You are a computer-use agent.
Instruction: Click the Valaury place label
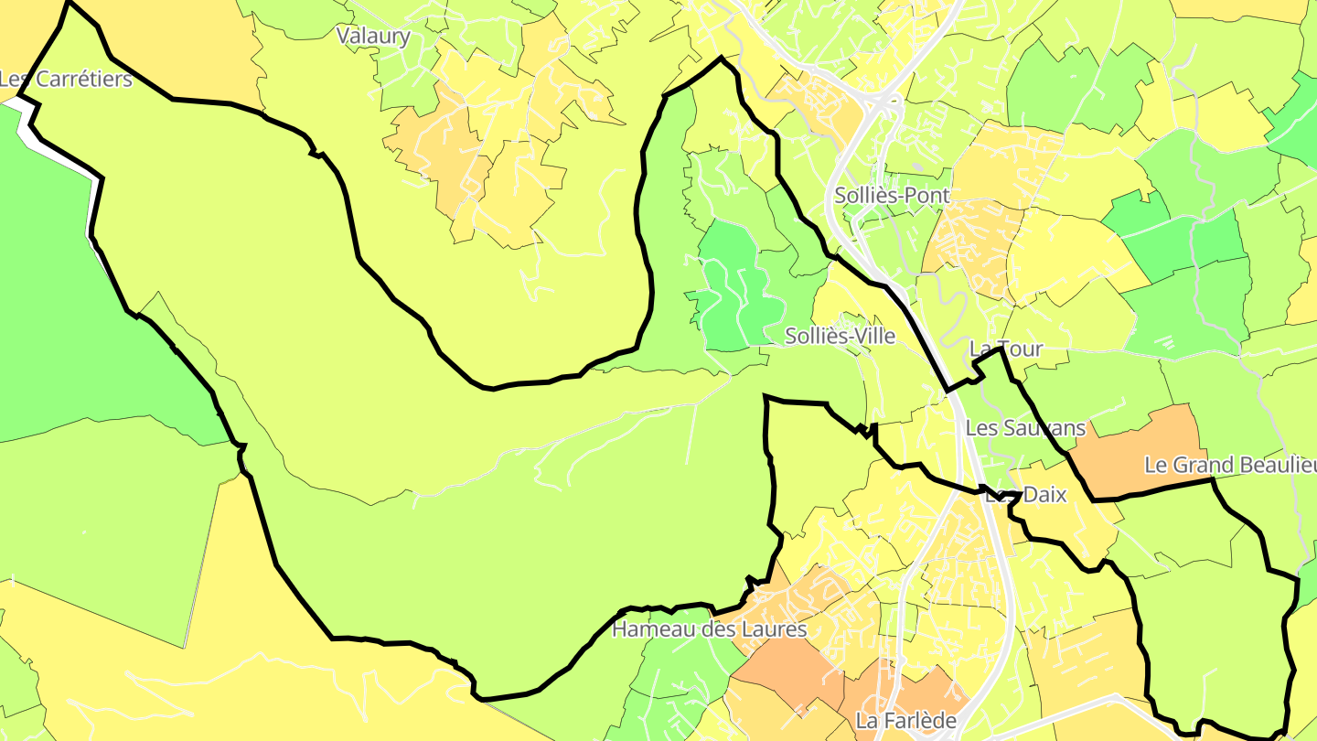(x=373, y=37)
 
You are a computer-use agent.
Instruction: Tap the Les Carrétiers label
(x=66, y=79)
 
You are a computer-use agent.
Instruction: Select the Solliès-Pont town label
(x=892, y=195)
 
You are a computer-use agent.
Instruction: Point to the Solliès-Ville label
(x=840, y=336)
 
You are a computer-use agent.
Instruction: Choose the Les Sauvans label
(x=1025, y=427)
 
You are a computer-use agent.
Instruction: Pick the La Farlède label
(x=906, y=721)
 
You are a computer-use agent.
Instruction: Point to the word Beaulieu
(x=1278, y=466)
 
